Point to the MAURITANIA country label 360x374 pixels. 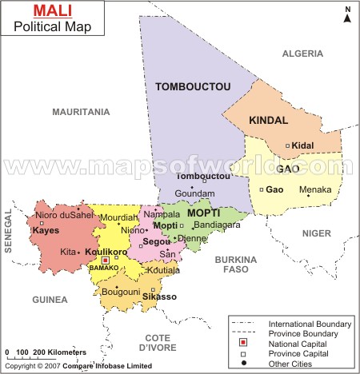pos(81,112)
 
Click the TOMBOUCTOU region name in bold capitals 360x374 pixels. pos(193,86)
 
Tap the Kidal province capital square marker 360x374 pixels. pos(288,145)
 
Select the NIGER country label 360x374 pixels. pos(316,233)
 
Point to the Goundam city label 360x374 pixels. pos(194,193)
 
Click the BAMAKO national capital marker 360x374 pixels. pos(105,260)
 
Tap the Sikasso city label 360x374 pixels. pos(161,296)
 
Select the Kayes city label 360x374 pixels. pos(46,230)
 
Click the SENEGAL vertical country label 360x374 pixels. pos(9,232)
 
